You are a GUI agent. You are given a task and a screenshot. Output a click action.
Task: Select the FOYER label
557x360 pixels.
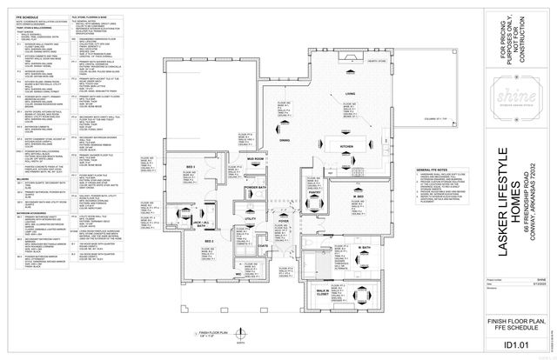tap(284, 222)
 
